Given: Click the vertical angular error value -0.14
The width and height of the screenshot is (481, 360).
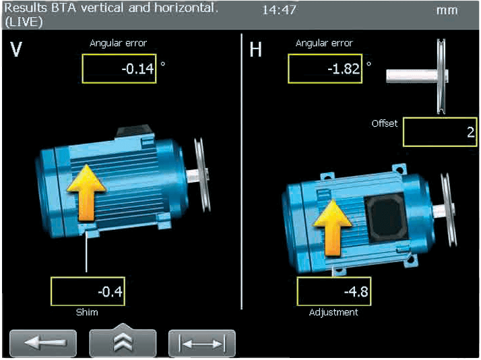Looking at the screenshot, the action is pos(137,69).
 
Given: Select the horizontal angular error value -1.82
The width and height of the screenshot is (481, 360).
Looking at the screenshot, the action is pos(344,69).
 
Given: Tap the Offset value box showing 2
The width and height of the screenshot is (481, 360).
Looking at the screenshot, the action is pos(440,132).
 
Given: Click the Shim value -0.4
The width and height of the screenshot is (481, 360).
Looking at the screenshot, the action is pos(110,291).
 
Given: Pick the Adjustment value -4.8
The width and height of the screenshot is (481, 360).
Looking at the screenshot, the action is pos(356,291).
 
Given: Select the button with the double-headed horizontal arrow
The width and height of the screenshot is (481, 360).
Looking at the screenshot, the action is pos(202,343).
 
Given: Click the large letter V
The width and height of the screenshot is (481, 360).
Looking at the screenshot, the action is pos(16,49).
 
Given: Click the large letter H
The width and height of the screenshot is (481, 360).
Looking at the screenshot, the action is pos(255,49).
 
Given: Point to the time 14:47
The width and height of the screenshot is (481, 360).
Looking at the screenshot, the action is pos(279,10).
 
